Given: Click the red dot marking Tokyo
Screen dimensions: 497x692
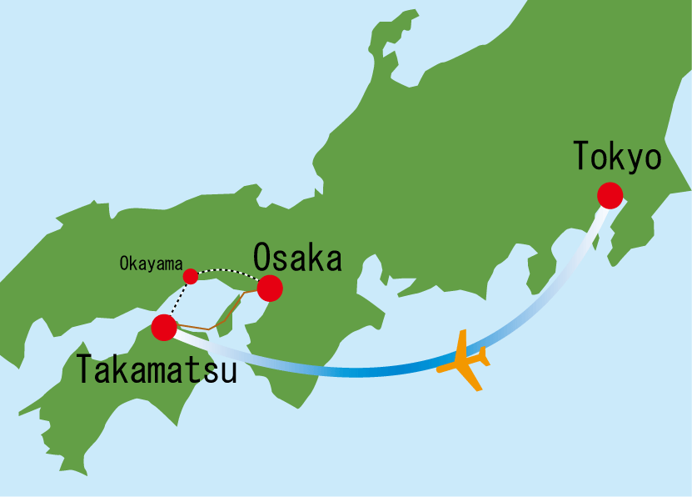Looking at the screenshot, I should click(610, 194).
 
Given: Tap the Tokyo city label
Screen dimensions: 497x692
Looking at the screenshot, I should click(617, 157).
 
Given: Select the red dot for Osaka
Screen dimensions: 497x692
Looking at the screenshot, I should click(270, 289).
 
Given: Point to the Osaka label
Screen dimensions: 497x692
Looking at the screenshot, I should click(297, 258).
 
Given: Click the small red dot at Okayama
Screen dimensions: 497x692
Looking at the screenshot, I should click(191, 276).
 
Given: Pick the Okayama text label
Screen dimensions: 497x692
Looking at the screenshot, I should click(149, 264).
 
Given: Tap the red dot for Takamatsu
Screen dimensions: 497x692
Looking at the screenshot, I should click(164, 328).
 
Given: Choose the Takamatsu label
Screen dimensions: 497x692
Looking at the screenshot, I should click(157, 369).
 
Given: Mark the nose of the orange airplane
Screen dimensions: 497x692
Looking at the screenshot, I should click(440, 366).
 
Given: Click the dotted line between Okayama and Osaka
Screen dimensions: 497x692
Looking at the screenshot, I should click(227, 269).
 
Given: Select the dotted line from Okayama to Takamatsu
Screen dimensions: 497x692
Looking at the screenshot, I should click(177, 301).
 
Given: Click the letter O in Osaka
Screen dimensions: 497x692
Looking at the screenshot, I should click(263, 258).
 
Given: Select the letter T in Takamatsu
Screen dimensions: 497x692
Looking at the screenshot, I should click(87, 369).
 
